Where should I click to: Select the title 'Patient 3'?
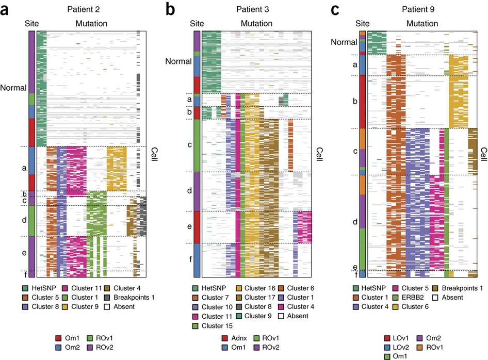tap(256, 9)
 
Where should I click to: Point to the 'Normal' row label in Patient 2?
tap(14, 88)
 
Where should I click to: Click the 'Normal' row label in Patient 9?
tap(344, 42)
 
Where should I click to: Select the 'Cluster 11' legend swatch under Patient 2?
tap(66, 288)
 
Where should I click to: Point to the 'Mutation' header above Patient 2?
tap(91, 23)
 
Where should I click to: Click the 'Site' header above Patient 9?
tap(363, 23)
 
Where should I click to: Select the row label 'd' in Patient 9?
tap(354, 222)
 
